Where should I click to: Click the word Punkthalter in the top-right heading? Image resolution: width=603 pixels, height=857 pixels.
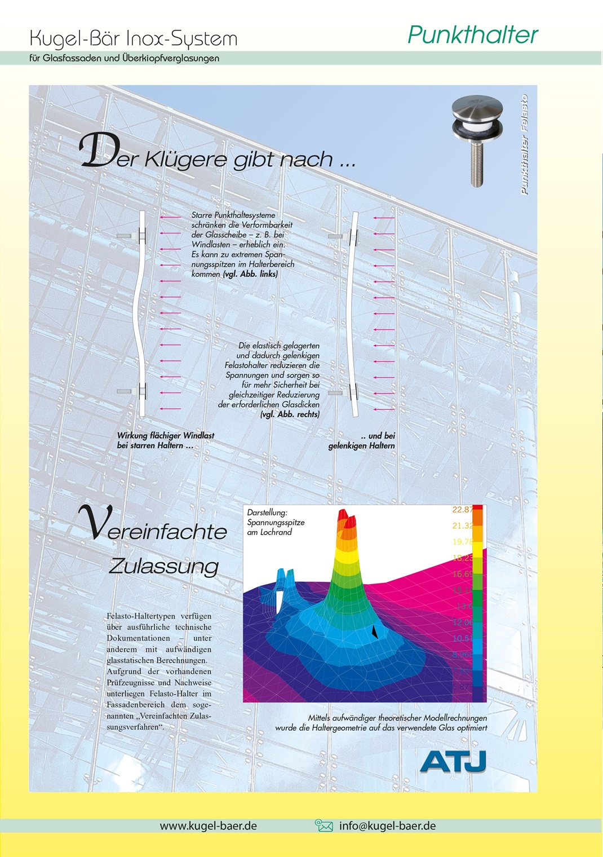pos(472,35)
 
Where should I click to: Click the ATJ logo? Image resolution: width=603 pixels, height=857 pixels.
pos(453,761)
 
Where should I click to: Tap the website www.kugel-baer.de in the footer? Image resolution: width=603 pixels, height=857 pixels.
pos(208,826)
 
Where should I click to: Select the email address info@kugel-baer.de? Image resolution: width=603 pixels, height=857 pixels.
pos(387,826)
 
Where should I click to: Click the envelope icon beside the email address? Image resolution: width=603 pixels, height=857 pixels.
pos(323,826)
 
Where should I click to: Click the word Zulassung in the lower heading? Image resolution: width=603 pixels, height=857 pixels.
pos(163,566)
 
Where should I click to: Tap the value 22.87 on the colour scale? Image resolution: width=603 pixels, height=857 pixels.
pos(462,510)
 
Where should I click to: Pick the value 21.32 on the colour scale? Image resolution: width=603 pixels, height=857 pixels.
pos(462,525)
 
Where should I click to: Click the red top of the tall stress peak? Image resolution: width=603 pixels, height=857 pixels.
pos(346,518)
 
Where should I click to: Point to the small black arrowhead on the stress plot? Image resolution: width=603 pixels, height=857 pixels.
pos(374,633)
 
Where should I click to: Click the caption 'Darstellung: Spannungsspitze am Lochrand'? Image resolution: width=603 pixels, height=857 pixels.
pos(275,522)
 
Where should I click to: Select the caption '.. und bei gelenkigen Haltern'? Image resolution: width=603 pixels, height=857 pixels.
pos(362,440)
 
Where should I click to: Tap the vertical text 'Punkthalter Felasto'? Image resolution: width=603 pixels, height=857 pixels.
pos(524,145)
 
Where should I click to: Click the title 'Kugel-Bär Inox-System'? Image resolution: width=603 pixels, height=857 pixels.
pos(134,38)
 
